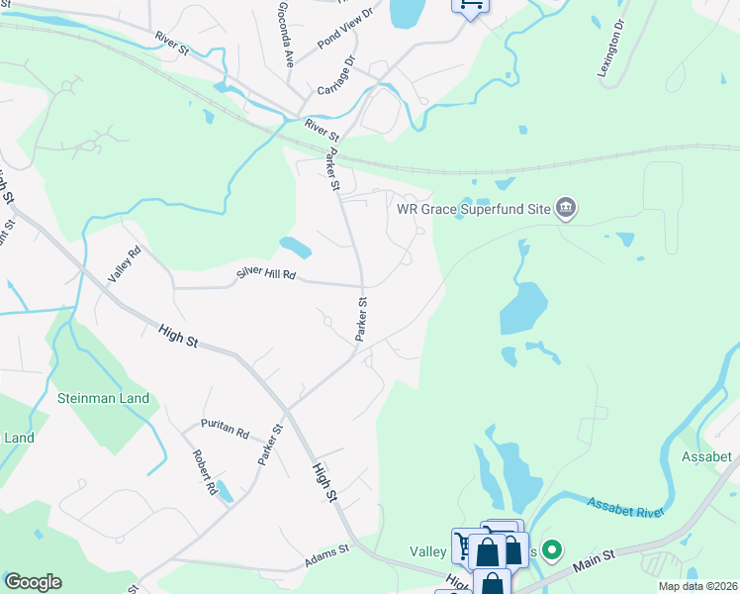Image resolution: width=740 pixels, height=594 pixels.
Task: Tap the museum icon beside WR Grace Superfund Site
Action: (567, 208)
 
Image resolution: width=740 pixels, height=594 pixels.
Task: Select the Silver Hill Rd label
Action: (266, 273)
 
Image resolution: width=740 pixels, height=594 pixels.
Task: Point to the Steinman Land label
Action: (104, 398)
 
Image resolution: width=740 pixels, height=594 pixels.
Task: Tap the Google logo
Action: (33, 582)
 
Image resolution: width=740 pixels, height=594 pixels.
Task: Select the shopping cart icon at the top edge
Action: (471, 6)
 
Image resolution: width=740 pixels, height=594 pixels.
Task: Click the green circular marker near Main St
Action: (553, 547)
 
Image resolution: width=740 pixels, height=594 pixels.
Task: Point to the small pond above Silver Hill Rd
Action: (296, 247)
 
